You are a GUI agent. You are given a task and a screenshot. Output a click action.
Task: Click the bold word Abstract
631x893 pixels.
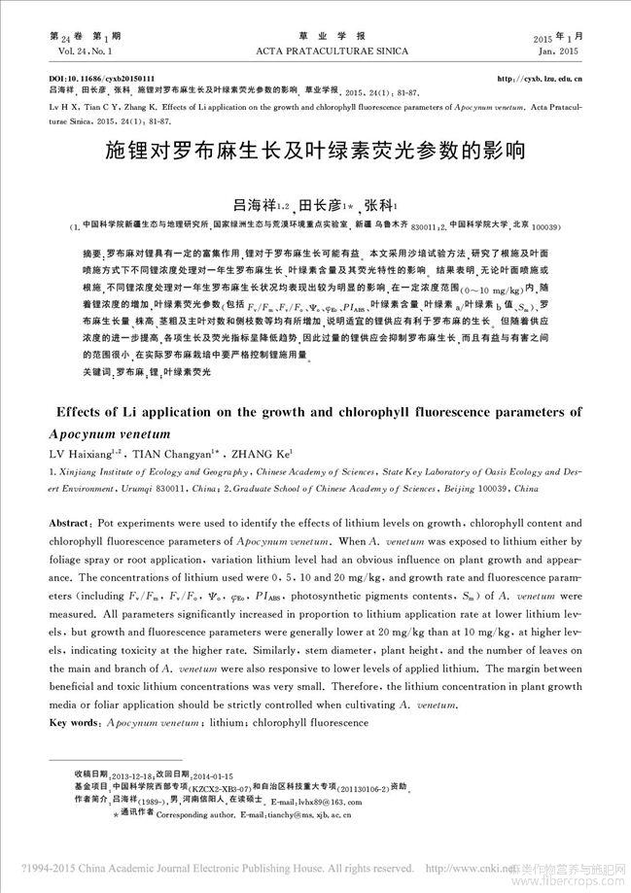(x=71, y=523)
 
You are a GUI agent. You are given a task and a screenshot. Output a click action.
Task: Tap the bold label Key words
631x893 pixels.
(x=72, y=723)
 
